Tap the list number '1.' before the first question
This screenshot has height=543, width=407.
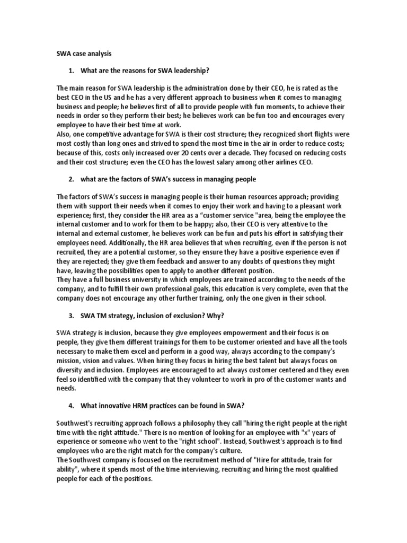(x=72, y=71)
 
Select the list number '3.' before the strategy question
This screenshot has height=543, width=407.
(x=72, y=316)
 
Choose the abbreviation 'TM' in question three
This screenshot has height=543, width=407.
(x=101, y=316)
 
